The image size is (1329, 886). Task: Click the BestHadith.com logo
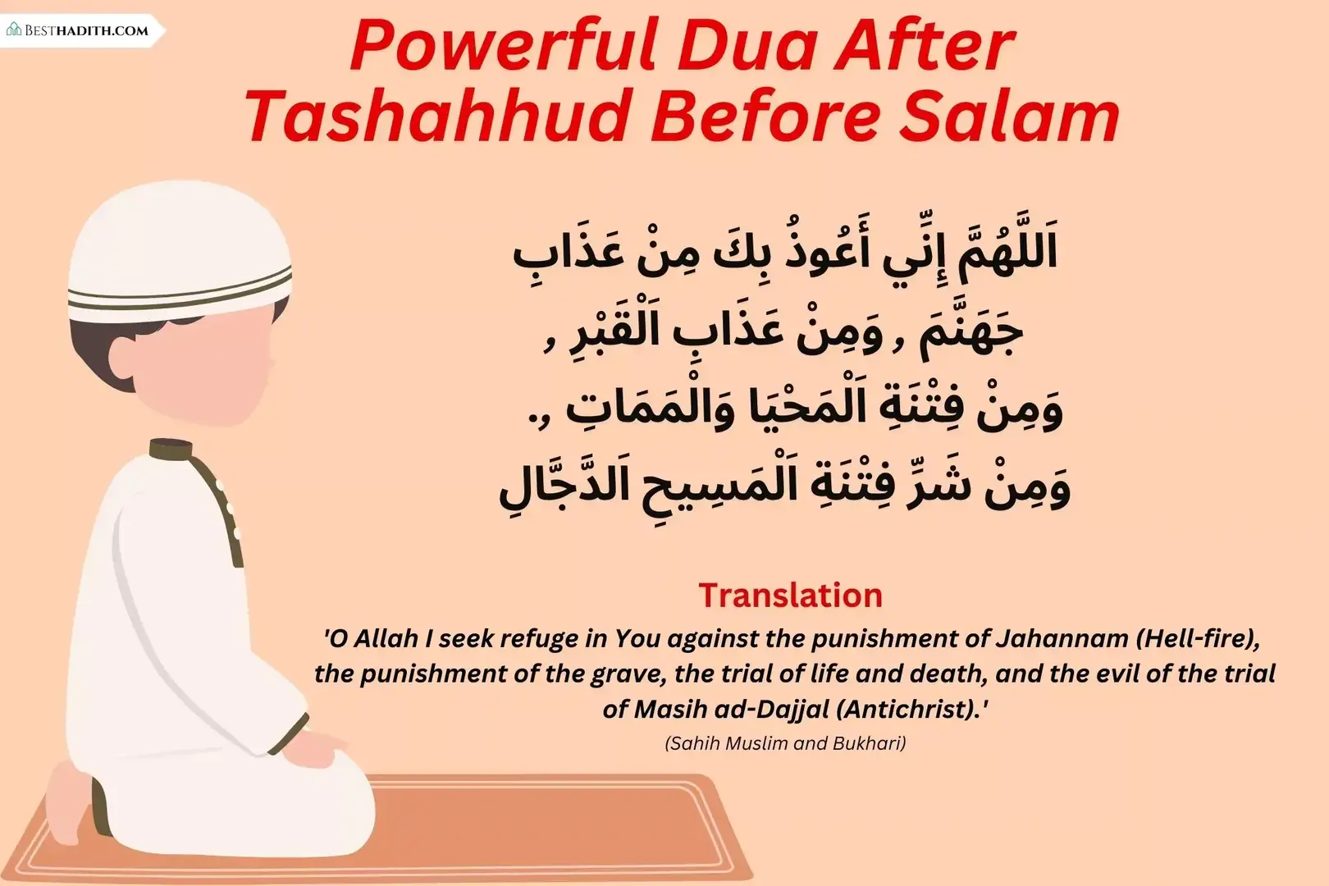78,30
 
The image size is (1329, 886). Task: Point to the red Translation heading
790,596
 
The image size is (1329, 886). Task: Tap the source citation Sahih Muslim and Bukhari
785,743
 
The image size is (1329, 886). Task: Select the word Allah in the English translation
386,638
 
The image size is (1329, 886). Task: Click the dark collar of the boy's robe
171,450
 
